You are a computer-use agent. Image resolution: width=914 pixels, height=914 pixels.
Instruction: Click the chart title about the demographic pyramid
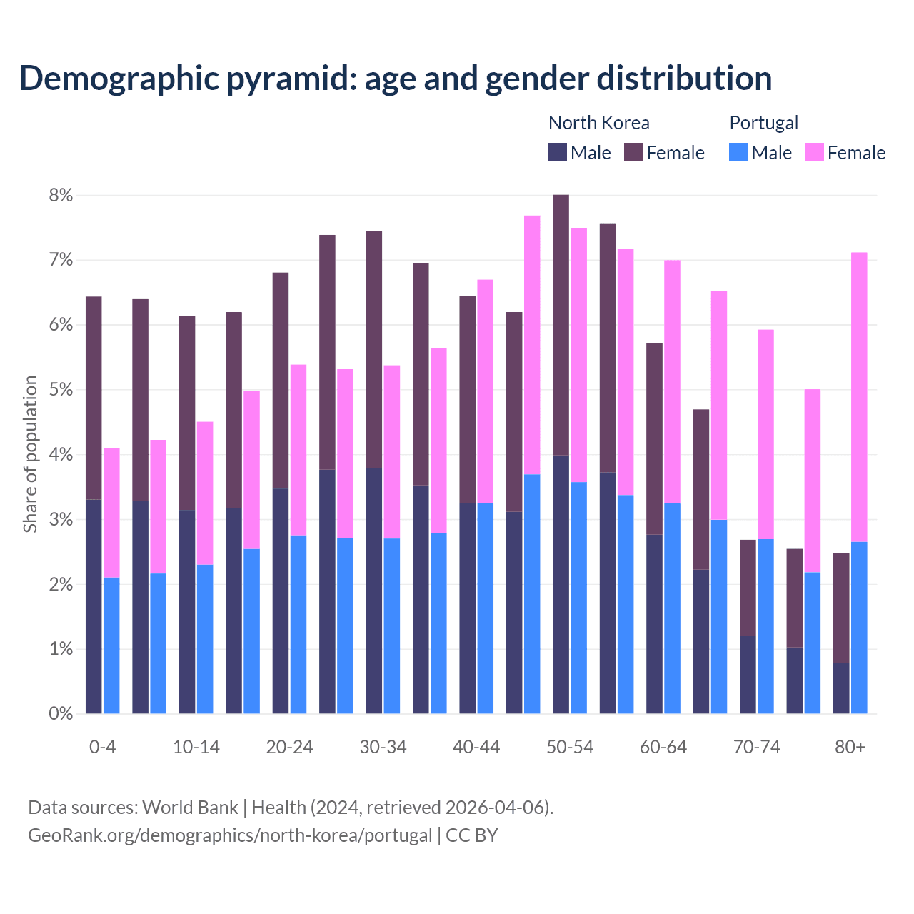[396, 79]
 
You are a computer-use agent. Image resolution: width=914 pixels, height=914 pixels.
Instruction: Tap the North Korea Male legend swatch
[558, 153]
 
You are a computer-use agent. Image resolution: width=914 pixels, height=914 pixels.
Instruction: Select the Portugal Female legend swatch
[814, 153]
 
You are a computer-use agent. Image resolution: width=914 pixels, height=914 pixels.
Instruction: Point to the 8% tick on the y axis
[61, 196]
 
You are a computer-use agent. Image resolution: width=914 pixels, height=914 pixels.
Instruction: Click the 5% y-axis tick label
[61, 390]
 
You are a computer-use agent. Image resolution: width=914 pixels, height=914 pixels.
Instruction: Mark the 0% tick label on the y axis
[61, 713]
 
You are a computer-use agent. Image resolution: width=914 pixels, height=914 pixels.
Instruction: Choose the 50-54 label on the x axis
[570, 748]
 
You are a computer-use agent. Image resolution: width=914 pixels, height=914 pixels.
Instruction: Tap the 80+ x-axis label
[850, 748]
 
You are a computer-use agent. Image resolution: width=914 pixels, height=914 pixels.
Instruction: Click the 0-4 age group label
[102, 748]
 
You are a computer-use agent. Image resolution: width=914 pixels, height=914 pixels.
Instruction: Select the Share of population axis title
[30, 454]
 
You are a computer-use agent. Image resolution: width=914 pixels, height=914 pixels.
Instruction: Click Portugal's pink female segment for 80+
[859, 397]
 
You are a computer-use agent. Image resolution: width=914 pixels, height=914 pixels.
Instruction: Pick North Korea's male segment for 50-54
[561, 584]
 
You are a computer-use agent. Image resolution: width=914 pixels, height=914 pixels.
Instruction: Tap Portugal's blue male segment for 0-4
[111, 646]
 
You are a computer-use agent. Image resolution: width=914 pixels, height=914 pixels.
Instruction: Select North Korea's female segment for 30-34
[374, 350]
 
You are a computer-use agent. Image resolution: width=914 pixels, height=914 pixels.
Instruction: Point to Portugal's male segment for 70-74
[765, 626]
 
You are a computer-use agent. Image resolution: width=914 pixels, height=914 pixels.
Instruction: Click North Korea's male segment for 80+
[841, 688]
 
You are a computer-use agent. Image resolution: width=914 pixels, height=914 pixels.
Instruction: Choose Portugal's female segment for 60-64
[672, 382]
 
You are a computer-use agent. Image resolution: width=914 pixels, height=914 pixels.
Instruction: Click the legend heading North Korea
[598, 123]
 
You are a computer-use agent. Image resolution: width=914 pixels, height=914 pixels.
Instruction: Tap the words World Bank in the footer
[190, 808]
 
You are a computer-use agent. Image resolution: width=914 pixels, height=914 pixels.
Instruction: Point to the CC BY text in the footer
[471, 835]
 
